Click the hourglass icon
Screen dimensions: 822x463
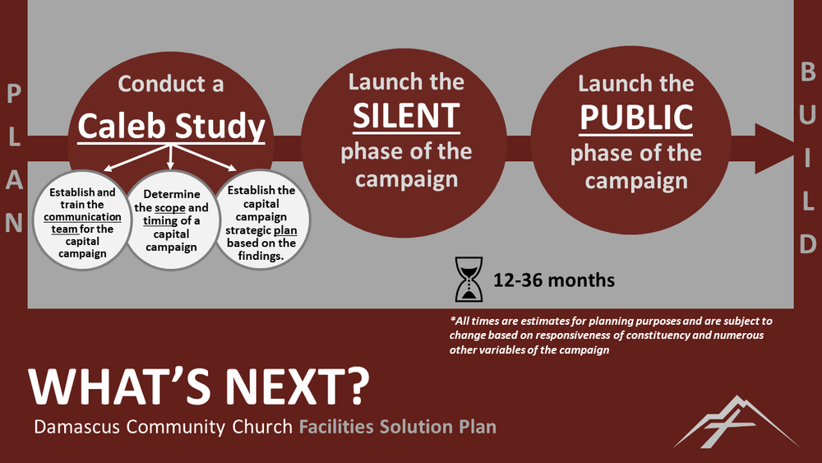coord(469,279)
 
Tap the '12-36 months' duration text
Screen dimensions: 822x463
coord(553,280)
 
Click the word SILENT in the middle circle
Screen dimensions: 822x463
coord(406,116)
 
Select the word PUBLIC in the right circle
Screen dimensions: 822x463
coord(636,118)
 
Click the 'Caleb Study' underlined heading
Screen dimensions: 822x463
coord(172,127)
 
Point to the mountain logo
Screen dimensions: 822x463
coord(736,422)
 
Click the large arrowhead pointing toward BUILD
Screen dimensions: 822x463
coord(775,149)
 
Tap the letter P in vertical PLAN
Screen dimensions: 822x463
coord(14,94)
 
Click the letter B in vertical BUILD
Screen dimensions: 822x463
coord(808,72)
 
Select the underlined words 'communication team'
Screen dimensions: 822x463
coord(82,223)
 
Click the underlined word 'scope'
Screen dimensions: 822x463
coord(170,207)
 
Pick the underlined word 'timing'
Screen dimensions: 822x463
coord(160,221)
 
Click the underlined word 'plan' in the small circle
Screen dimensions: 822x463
coord(285,231)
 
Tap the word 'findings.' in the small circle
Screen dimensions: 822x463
coord(261,256)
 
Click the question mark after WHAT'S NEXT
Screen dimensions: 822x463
coord(358,387)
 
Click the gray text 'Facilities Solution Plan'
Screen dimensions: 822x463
coord(397,426)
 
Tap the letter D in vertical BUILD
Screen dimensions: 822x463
coord(808,244)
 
